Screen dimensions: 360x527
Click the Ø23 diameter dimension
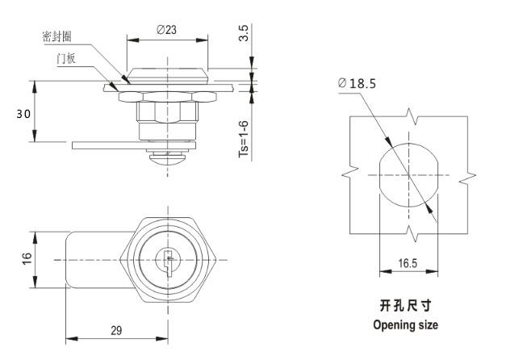click(x=166, y=29)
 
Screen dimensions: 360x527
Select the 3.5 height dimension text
click(x=243, y=33)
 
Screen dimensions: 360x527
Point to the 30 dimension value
click(x=23, y=113)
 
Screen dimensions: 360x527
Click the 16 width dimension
click(x=26, y=258)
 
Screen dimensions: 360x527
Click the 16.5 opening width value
click(x=408, y=263)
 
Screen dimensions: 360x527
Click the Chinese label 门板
click(x=66, y=59)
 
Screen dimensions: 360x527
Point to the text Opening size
click(x=405, y=325)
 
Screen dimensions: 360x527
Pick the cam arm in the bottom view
click(x=89, y=259)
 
